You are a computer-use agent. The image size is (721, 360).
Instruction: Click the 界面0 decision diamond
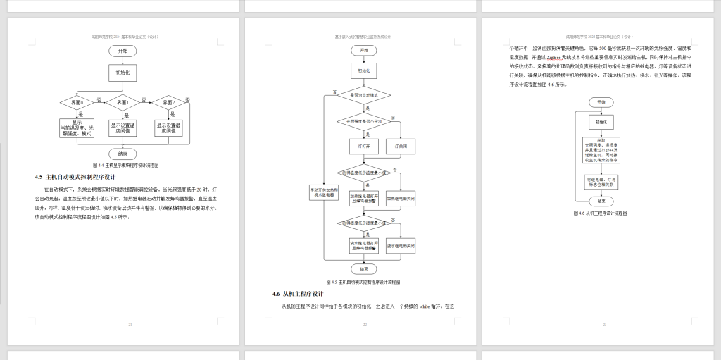(77, 103)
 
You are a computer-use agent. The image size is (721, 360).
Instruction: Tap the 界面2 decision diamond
(169, 103)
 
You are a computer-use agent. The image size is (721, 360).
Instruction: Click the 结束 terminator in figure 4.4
(123, 153)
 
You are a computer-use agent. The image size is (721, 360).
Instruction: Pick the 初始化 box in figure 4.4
(123, 73)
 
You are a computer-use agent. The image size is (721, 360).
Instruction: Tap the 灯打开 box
(364, 146)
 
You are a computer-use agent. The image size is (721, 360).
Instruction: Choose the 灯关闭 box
(401, 146)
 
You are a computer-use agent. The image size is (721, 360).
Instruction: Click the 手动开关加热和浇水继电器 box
(325, 192)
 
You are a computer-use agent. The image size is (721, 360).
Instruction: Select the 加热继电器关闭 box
(401, 199)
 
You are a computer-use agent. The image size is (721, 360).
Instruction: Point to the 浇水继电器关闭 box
(401, 246)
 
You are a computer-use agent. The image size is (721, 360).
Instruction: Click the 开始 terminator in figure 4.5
(364, 51)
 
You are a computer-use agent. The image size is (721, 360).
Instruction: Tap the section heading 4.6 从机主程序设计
(298, 294)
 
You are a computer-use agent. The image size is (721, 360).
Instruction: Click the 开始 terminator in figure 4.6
(601, 102)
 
